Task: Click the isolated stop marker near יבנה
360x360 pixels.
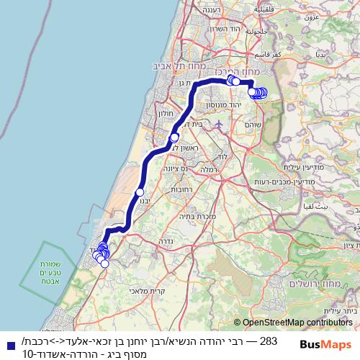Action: pyautogui.click(x=140, y=192)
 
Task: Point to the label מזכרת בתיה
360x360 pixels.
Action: pyautogui.click(x=217, y=216)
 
